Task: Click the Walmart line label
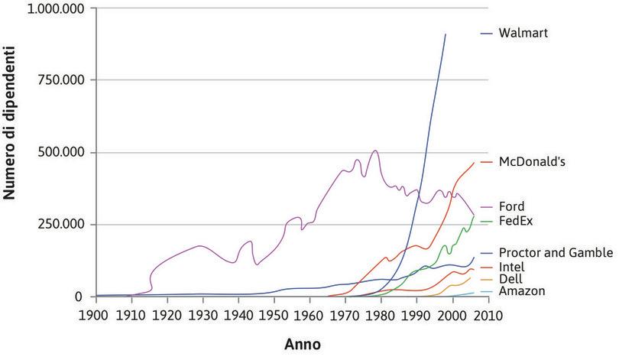523,34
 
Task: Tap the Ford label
511,206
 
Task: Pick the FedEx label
515,221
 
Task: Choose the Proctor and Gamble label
556,252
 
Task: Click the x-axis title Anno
303,344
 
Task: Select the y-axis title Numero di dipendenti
11,143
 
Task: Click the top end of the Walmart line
446,34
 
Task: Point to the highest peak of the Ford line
374,151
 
